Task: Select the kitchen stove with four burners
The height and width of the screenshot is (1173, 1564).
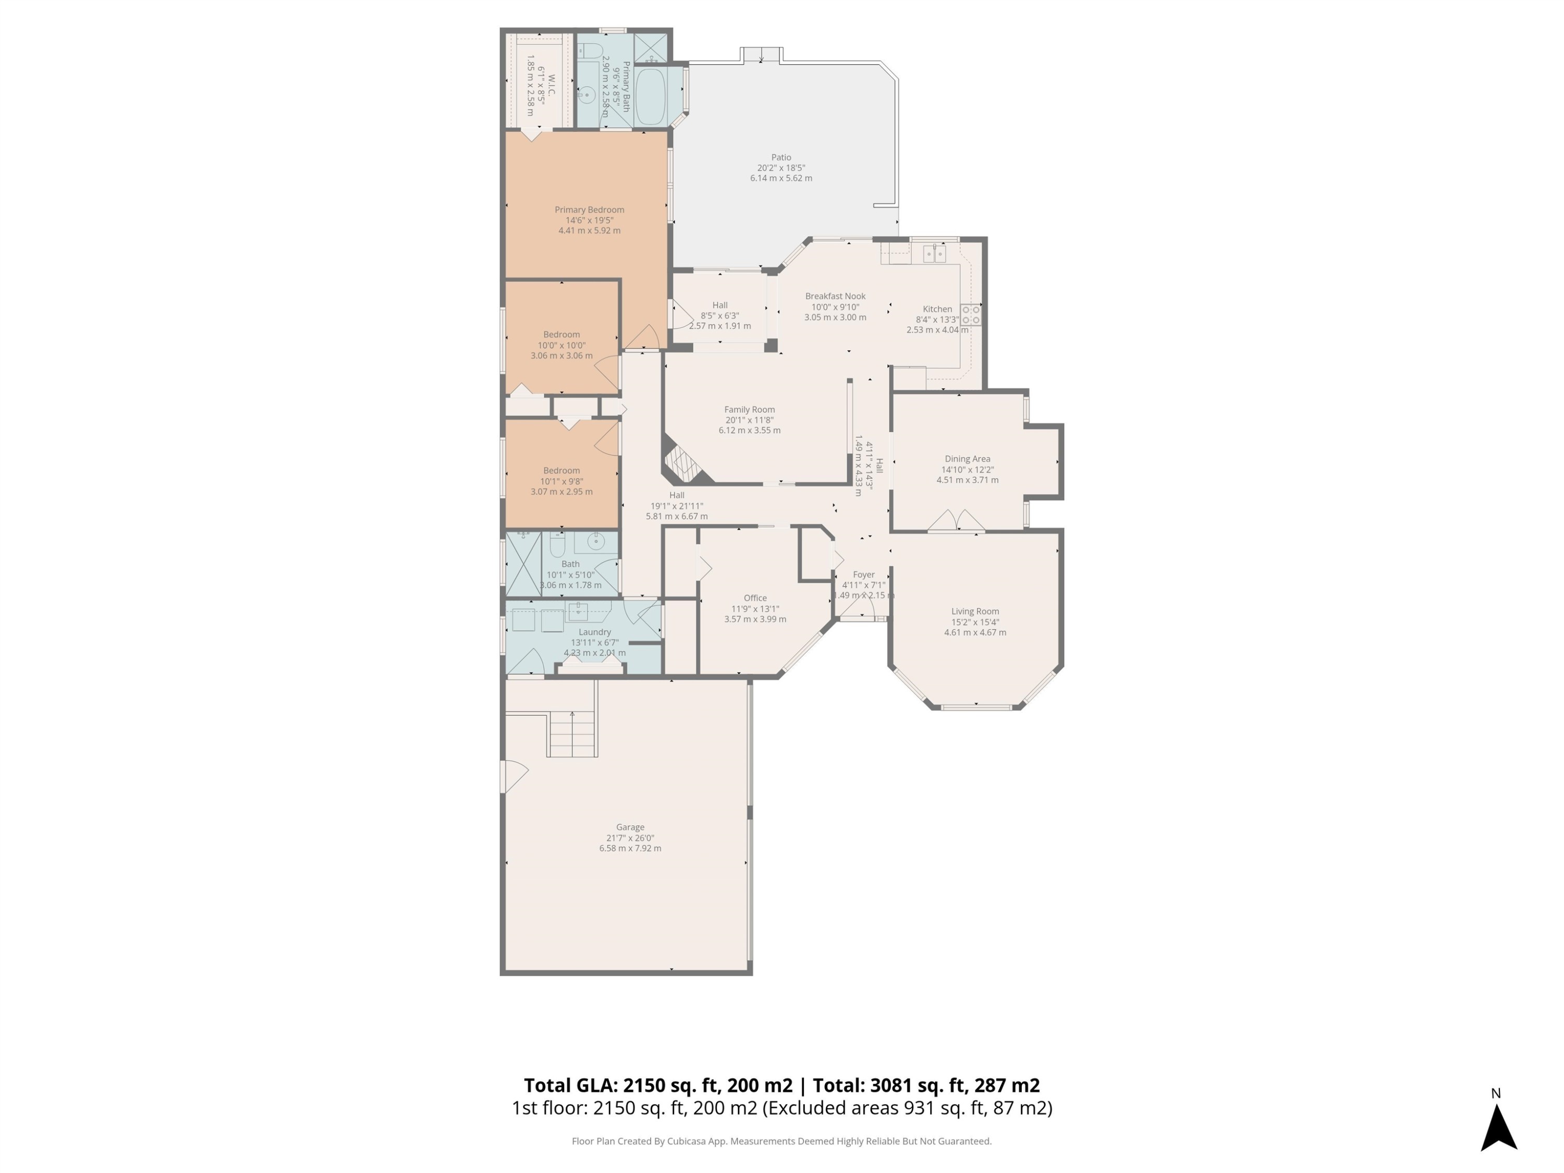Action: (970, 315)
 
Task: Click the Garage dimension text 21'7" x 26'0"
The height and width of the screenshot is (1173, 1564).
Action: (629, 838)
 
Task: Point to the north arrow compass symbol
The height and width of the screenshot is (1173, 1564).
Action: (1498, 1127)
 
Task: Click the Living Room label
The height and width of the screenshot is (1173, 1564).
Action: (974, 612)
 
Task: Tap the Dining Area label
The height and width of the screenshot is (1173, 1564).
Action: (967, 459)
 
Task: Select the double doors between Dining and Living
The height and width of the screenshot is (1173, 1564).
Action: (956, 522)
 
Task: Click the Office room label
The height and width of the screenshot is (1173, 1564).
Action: (754, 598)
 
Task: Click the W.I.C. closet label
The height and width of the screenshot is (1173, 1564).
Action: (552, 85)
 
